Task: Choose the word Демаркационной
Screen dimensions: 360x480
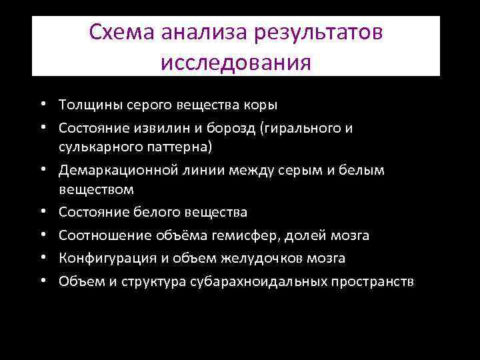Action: (117, 171)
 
